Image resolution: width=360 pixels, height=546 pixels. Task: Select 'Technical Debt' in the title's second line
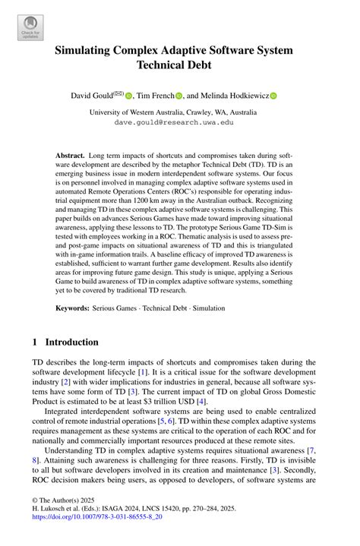click(x=179, y=68)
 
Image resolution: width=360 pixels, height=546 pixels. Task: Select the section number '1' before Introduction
click(x=36, y=342)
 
